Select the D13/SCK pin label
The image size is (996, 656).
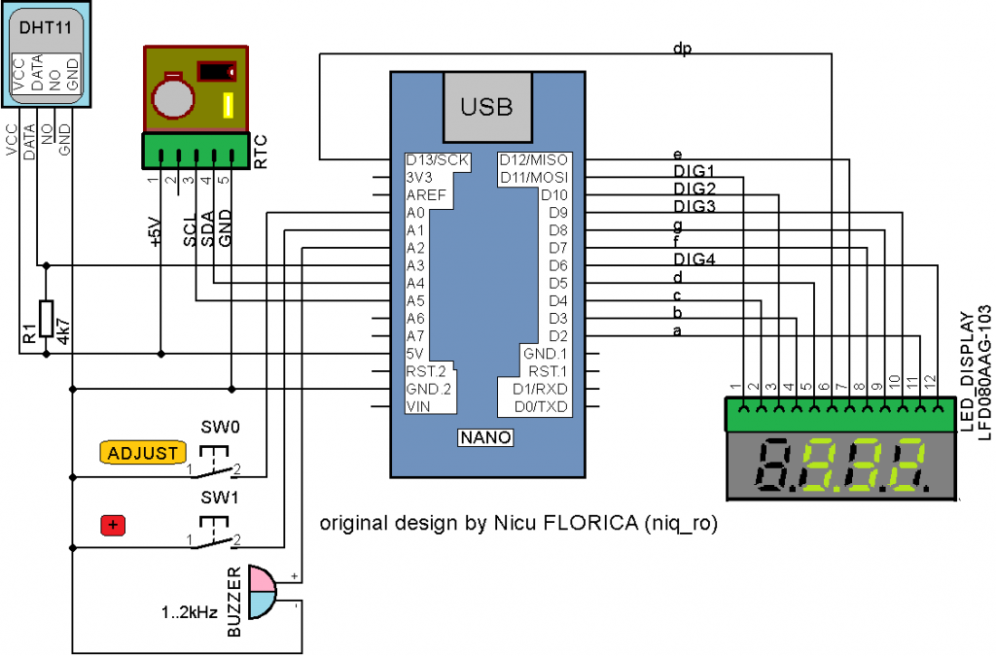(438, 159)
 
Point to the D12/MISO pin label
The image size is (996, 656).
(534, 159)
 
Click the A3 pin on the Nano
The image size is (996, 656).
(415, 265)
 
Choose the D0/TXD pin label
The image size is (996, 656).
(541, 405)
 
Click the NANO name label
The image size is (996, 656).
(485, 438)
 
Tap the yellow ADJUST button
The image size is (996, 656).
(142, 453)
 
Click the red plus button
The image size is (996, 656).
(114, 526)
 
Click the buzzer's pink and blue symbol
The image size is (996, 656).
(262, 591)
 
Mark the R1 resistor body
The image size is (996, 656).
(45, 319)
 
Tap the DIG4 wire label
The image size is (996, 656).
(694, 259)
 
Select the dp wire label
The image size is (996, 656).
(682, 49)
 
